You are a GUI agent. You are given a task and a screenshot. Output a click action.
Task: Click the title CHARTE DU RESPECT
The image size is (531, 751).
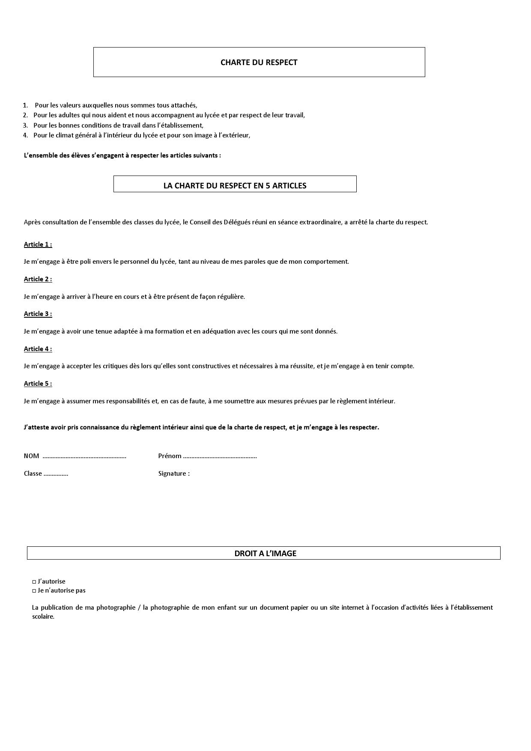[259, 63]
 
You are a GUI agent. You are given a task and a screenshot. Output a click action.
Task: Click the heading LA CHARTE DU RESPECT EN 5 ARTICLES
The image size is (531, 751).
[235, 186]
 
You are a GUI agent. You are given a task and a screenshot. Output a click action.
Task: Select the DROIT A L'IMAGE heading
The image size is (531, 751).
[265, 553]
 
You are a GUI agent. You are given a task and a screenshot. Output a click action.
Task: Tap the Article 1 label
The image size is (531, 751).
[38, 244]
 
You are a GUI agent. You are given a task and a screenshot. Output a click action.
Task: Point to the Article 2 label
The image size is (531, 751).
[38, 279]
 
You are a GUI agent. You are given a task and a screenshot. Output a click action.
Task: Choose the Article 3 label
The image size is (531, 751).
[38, 314]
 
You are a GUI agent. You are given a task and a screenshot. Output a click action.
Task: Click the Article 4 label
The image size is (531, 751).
[38, 349]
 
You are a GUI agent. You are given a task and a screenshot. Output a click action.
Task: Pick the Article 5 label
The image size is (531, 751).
[38, 384]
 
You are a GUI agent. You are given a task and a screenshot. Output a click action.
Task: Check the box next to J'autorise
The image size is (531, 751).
[34, 582]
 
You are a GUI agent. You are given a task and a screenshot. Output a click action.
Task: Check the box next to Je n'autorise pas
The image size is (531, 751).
[34, 591]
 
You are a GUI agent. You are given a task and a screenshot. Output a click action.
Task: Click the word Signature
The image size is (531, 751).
[172, 474]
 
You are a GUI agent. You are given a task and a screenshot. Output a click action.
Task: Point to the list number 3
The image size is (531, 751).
[25, 125]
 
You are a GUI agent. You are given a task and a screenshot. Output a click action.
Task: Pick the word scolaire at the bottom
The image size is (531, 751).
[43, 617]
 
